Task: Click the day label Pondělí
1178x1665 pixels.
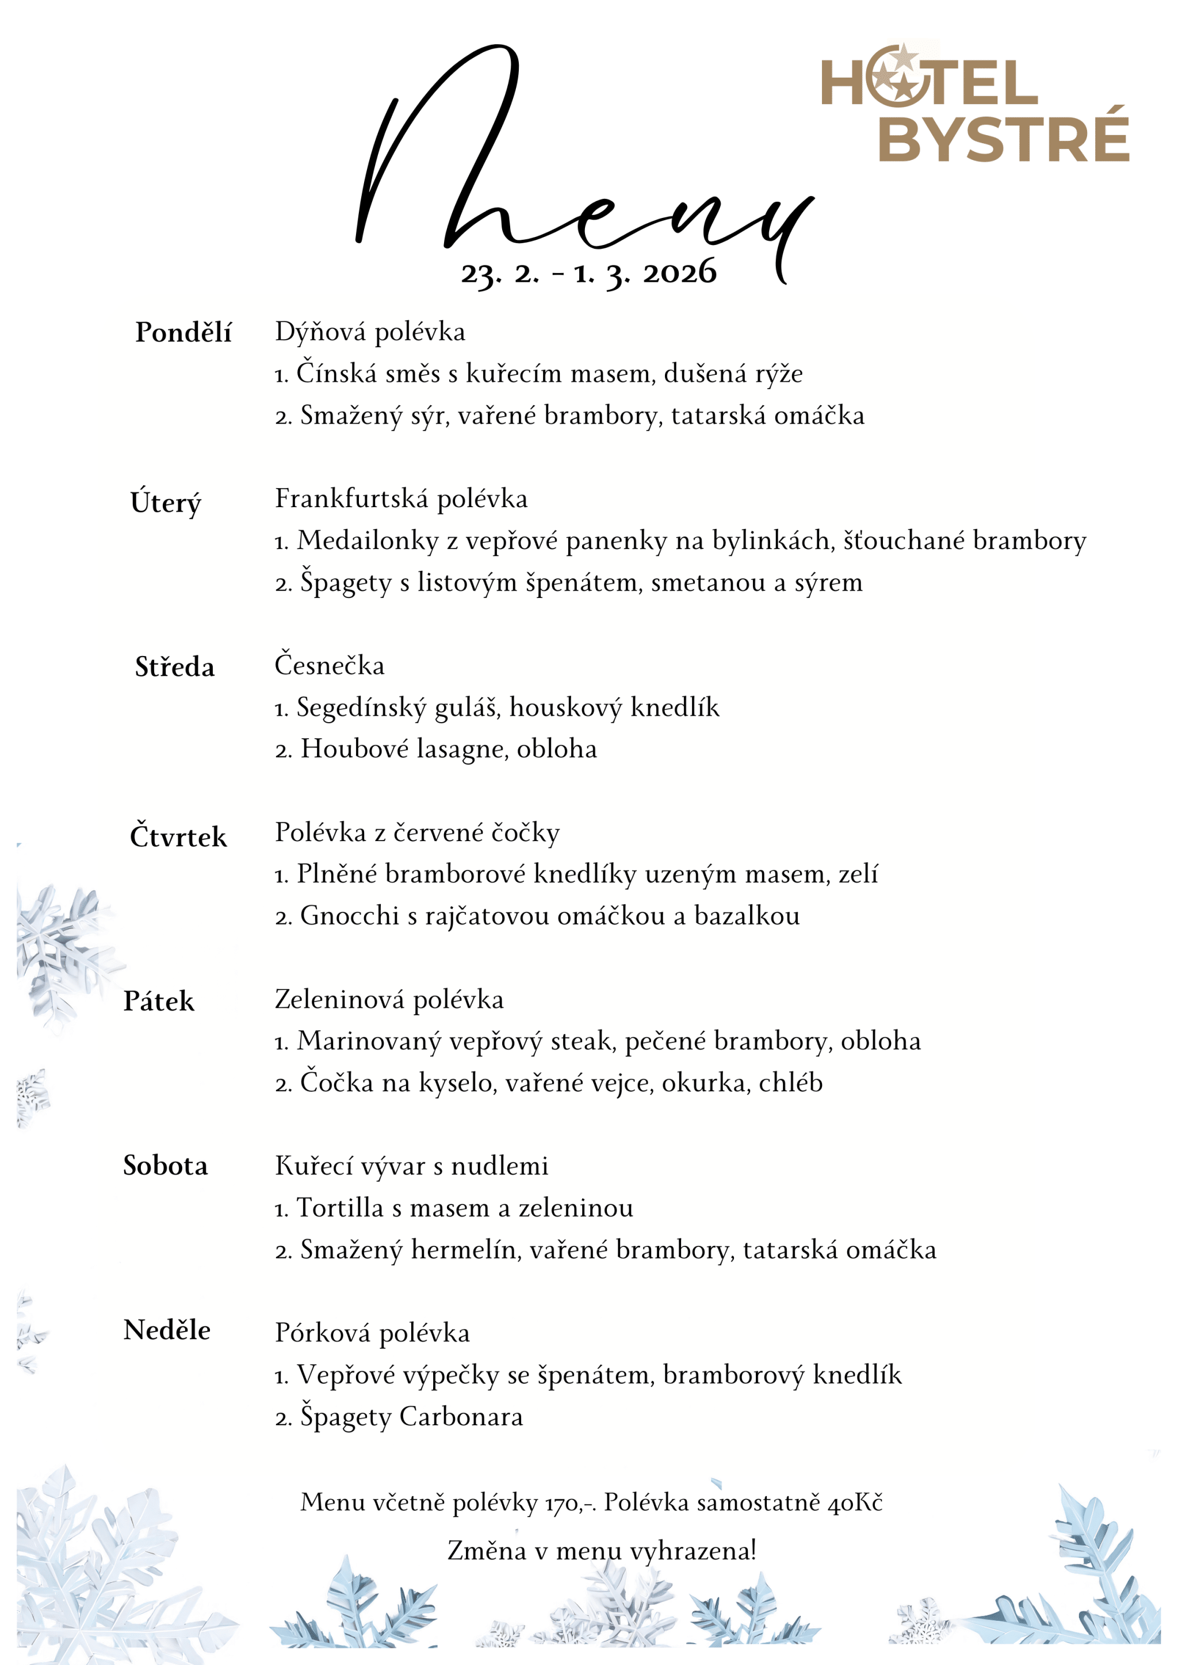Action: [183, 333]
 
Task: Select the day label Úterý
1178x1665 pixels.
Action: [166, 502]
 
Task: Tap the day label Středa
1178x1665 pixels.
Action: [175, 667]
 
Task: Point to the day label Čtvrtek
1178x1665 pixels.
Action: [178, 837]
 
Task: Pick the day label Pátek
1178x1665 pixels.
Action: [159, 1002]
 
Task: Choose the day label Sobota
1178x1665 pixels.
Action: [166, 1166]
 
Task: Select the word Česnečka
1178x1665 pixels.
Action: [330, 666]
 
